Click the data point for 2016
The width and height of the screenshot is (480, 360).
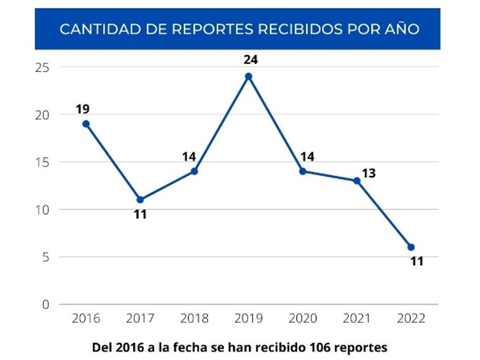pos(86,124)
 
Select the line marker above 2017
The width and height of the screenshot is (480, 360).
pos(140,199)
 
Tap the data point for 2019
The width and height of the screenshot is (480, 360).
pos(248,76)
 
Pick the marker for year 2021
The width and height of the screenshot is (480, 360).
pos(357,180)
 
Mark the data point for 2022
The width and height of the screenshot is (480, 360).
pos(411,247)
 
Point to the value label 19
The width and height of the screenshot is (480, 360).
pos(83,108)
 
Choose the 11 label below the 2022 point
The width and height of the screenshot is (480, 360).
pos(416,261)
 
